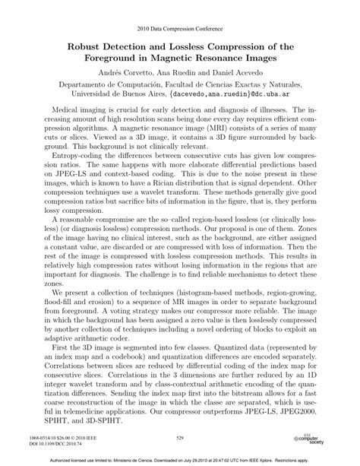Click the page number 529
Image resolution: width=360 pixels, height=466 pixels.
(x=180, y=439)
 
